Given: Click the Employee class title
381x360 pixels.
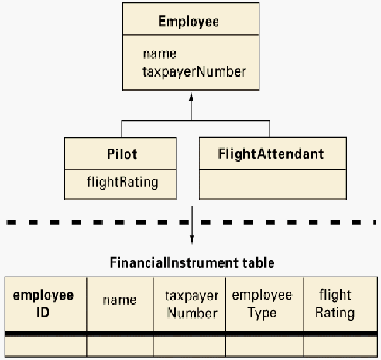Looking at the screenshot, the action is (188, 22).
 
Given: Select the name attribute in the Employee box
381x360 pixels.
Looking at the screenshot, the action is (160, 54).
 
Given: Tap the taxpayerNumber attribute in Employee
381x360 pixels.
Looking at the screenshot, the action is (194, 72).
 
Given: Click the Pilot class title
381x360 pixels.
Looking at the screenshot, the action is (122, 154).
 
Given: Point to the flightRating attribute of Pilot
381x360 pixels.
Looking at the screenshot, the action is (122, 182).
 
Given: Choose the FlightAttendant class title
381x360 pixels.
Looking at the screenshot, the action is (271, 154).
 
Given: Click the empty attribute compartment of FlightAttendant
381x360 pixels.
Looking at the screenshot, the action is (273, 184).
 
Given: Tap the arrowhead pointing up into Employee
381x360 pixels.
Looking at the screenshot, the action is (191, 97).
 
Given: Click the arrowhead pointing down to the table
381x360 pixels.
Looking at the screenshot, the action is (192, 240).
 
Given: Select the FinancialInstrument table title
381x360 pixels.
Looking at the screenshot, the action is (192, 262).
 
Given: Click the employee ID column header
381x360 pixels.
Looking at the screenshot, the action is (43, 303).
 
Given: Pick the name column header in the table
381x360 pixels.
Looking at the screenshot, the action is (119, 300).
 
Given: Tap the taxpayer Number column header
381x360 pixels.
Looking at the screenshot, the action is (192, 304).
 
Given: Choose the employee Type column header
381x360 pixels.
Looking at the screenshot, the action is (262, 303).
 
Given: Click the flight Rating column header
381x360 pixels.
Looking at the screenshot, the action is (335, 303).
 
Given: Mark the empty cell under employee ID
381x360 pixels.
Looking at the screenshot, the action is (46, 346).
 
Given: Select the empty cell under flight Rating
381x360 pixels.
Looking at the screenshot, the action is (341, 346).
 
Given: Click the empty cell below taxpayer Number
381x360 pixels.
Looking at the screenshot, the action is (190, 346).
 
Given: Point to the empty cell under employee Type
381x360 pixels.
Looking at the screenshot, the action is (265, 346).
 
